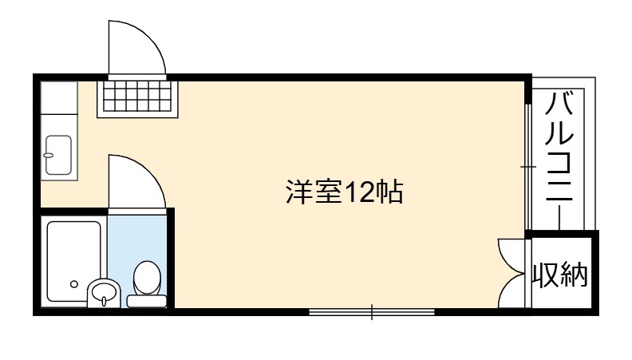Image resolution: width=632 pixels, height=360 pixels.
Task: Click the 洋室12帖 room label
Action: pyautogui.click(x=344, y=192)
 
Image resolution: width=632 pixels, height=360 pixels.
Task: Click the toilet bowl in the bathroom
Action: pyautogui.click(x=147, y=278)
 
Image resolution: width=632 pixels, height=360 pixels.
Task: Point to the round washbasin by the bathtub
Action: pyautogui.click(x=104, y=292)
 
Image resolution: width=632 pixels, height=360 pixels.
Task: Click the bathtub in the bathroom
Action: pyautogui.click(x=73, y=261)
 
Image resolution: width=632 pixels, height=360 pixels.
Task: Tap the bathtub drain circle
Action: pyautogui.click(x=74, y=284)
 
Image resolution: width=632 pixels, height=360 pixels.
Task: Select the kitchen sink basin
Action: pyautogui.click(x=58, y=155)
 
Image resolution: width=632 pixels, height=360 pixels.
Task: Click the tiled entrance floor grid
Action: pyautogui.click(x=137, y=96)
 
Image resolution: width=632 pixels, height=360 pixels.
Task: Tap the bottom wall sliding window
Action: pyautogui.click(x=372, y=311)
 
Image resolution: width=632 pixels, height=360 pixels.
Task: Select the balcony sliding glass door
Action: pyautogui.click(x=528, y=167)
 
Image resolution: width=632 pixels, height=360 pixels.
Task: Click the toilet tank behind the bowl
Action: pyautogui.click(x=147, y=301)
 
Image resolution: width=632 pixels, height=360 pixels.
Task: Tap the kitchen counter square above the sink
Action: pyautogui.click(x=59, y=97)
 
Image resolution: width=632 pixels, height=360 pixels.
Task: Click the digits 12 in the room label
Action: pyautogui.click(x=359, y=192)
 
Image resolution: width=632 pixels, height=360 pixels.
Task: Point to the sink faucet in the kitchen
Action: pyautogui.click(x=49, y=155)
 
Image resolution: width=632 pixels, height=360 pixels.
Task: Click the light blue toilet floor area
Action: pyautogui.click(x=137, y=238)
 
